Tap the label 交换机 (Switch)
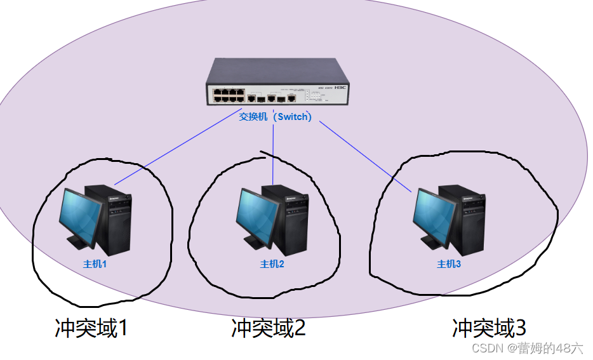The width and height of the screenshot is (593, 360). (275, 117)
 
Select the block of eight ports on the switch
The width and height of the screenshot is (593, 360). (229, 96)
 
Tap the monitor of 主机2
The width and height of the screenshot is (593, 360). (258, 216)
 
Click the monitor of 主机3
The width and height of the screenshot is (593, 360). (434, 216)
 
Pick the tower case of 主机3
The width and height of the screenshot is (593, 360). (469, 216)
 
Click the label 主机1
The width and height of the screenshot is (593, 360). (95, 264)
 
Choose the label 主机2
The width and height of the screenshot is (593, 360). (272, 264)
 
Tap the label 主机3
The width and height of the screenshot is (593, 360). (449, 264)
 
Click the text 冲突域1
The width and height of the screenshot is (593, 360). (91, 328)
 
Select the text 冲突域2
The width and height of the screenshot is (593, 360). (268, 328)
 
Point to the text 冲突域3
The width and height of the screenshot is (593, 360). (489, 328)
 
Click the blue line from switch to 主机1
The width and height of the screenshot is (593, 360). (171, 154)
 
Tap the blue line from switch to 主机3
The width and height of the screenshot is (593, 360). (365, 156)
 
